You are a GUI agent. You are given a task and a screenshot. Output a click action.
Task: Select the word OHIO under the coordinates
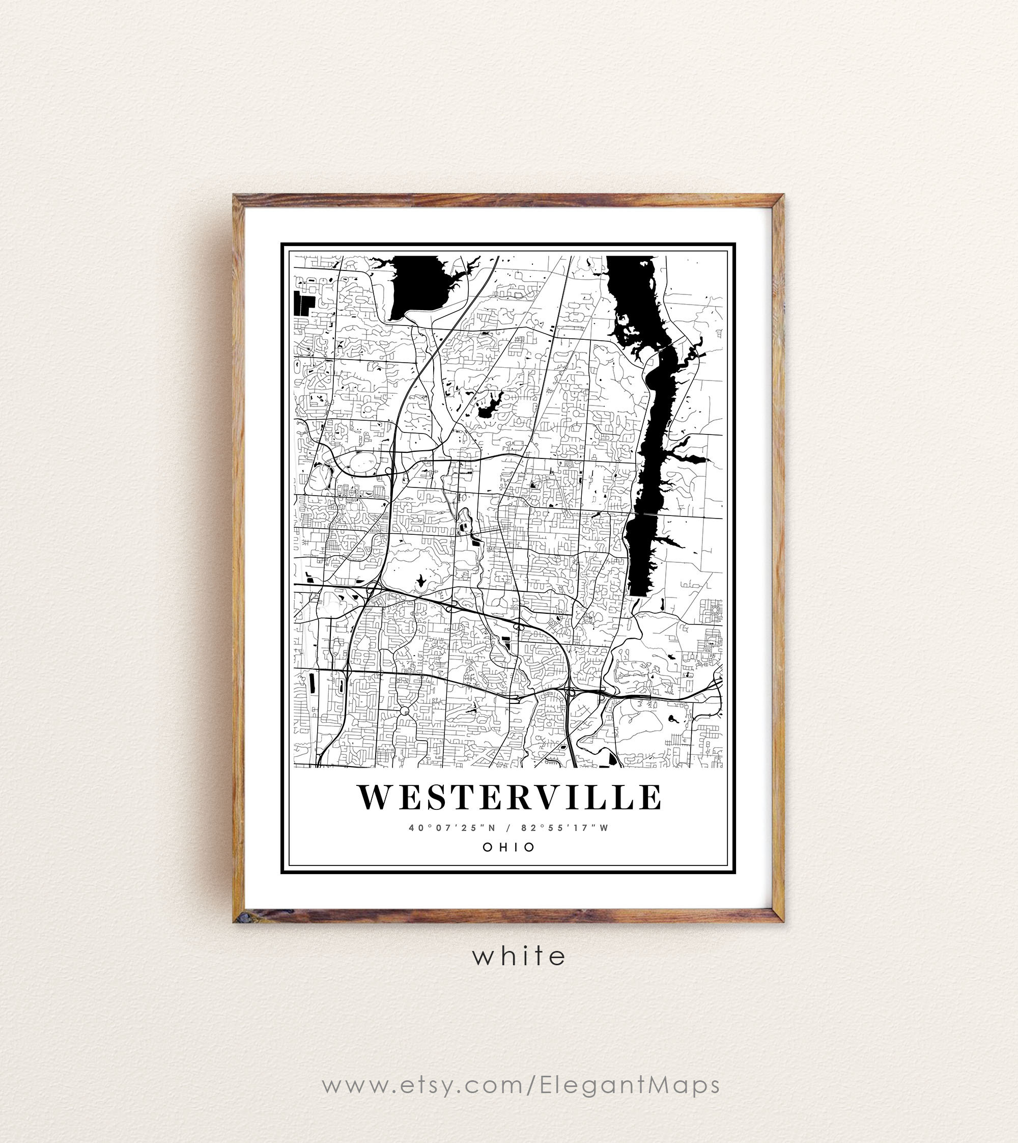click(509, 847)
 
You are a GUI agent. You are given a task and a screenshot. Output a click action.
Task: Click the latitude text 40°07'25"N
click(452, 828)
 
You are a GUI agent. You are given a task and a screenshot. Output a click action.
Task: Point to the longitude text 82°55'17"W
click(564, 828)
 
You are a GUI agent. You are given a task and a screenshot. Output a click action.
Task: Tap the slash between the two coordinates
click(508, 828)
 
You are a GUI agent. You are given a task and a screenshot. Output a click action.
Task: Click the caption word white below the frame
click(519, 957)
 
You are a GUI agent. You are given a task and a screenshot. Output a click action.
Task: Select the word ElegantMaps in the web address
click(630, 1085)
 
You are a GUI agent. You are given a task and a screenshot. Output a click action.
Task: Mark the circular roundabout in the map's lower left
click(405, 711)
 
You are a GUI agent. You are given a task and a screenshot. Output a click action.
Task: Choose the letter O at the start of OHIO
click(487, 847)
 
